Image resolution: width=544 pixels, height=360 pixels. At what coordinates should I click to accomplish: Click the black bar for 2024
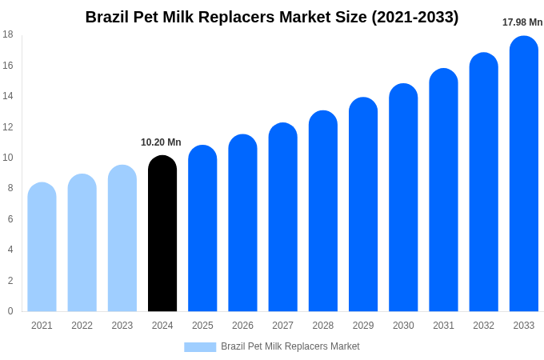[x=162, y=234]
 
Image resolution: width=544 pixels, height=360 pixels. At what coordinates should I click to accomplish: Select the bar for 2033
[x=524, y=174]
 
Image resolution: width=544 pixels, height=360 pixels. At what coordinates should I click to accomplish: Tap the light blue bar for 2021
[x=42, y=247]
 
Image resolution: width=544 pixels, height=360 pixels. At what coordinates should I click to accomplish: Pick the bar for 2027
[x=282, y=218]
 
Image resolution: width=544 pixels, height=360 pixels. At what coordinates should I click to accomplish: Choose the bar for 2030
[x=403, y=198]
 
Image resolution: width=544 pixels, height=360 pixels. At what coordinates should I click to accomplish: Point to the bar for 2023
[x=122, y=238]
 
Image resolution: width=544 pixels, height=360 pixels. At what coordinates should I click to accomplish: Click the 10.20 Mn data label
[x=161, y=142]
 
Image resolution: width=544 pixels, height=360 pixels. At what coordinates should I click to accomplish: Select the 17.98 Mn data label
[x=522, y=22]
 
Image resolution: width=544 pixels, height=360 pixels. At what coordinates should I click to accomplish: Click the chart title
[x=272, y=17]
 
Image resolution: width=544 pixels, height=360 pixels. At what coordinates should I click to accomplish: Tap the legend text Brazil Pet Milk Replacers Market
[x=290, y=346]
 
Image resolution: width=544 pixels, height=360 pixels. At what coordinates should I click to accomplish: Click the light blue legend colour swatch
[x=200, y=347]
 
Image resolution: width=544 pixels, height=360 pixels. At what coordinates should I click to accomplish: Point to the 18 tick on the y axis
[x=8, y=34]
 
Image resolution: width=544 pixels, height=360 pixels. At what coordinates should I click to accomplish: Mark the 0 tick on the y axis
[x=10, y=311]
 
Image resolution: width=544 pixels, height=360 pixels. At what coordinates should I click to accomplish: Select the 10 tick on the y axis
[x=8, y=158]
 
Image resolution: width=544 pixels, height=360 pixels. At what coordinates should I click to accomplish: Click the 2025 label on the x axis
[x=202, y=326]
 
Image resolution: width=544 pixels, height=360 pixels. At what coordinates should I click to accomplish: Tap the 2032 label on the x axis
[x=483, y=326]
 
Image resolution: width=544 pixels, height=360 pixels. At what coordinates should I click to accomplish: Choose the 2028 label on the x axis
[x=323, y=326]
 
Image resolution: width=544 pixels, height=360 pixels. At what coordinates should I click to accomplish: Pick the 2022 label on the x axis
[x=82, y=326]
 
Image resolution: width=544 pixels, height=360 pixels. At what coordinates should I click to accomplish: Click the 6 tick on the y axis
[x=10, y=219]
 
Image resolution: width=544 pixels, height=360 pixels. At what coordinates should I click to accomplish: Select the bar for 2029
[x=363, y=205]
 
